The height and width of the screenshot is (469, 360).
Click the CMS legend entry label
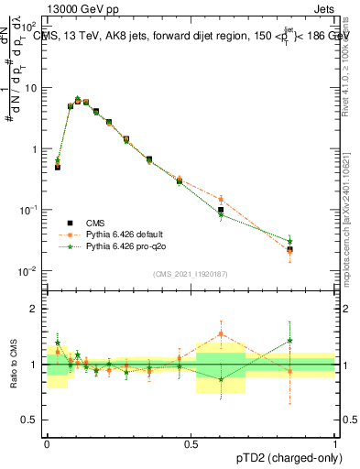94,223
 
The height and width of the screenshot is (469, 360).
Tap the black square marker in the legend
69,223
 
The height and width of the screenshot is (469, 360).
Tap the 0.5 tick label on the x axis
191,442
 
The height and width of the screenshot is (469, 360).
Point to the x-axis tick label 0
47,442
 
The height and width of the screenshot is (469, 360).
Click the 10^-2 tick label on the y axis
29,271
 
